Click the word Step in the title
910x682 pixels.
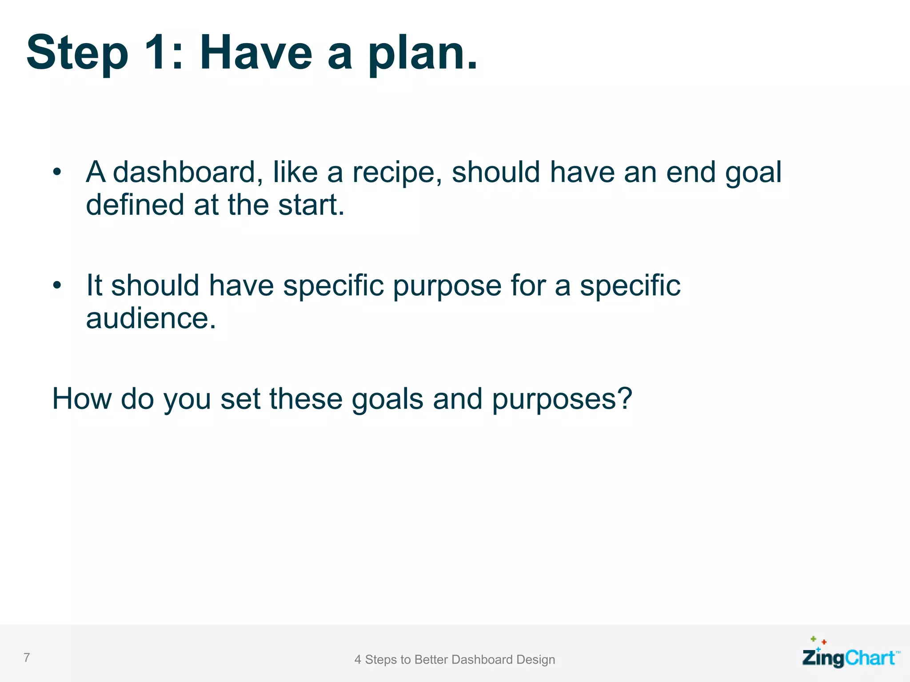point(77,53)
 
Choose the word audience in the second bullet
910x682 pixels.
point(151,319)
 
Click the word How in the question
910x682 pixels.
point(81,398)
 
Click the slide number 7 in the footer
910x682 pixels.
point(27,658)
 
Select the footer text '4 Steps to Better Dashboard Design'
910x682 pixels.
point(455,660)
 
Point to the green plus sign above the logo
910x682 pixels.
point(813,639)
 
